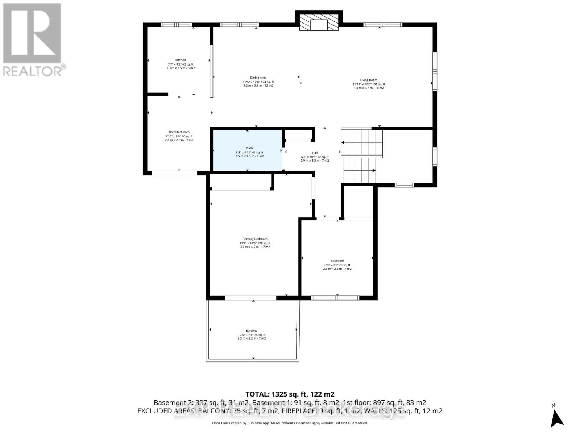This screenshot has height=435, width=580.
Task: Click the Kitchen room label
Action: pos(181,60)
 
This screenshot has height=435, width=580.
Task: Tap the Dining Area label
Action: pos(258,78)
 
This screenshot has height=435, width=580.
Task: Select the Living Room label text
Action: pos(369,80)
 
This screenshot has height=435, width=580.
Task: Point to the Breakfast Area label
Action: pos(179,132)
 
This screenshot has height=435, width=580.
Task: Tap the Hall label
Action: pos(315,153)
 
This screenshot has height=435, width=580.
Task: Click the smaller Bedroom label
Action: pos(337,261)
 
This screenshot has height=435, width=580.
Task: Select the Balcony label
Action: pos(252,331)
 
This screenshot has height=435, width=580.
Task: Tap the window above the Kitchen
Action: pos(176,25)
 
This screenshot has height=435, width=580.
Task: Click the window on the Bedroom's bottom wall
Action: pos(335,298)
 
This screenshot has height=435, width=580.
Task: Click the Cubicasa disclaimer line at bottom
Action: pos(290,423)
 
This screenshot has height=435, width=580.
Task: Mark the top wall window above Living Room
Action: pos(383,25)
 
